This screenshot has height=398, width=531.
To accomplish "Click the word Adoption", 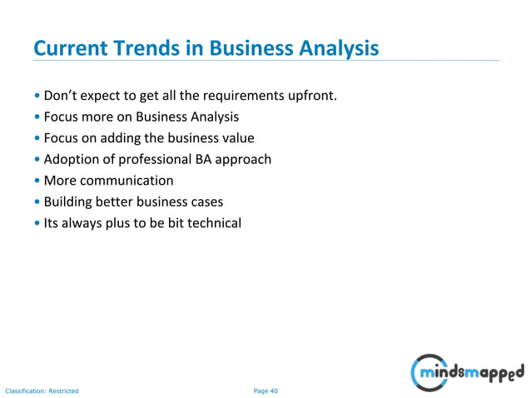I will click(72, 159).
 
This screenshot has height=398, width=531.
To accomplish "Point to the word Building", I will click(68, 201).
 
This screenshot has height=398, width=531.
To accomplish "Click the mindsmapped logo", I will click(468, 370).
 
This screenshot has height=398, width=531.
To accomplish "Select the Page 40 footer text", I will click(265, 390).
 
